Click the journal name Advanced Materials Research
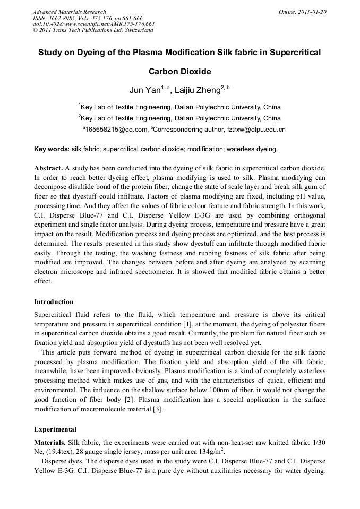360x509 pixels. click(x=69, y=12)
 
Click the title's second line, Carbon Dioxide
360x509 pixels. click(x=179, y=71)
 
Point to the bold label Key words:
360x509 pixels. click(x=52, y=149)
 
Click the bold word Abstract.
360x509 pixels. click(x=48, y=168)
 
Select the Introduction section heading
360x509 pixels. click(x=54, y=302)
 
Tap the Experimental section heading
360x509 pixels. click(x=55, y=429)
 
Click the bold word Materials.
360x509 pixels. click(x=49, y=442)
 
